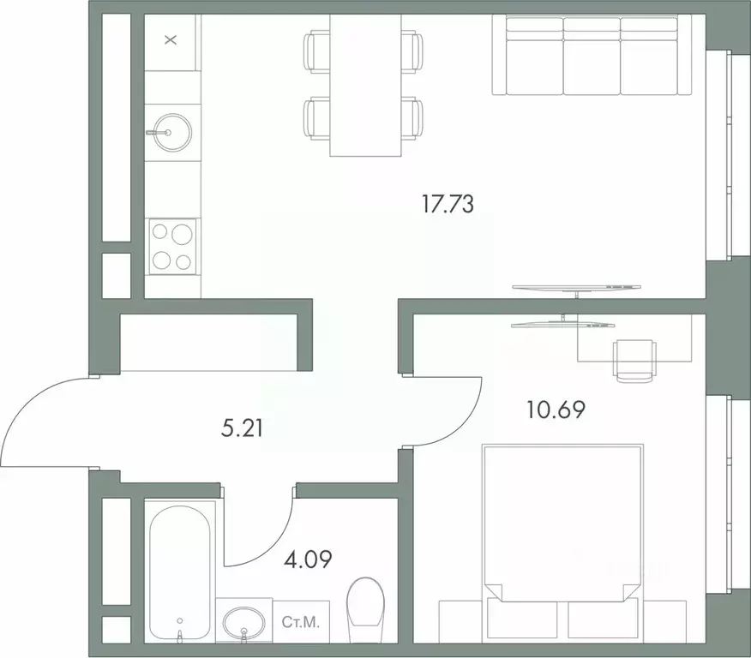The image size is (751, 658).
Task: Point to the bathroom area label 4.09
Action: coord(308,560)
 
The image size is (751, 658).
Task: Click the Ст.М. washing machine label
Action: coord(300,622)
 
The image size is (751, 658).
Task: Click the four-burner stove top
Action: coord(172,247)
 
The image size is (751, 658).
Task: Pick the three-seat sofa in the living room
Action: coord(592,56)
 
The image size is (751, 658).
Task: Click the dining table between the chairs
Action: coord(365,86)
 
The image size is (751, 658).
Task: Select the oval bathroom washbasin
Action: coord(244,623)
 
